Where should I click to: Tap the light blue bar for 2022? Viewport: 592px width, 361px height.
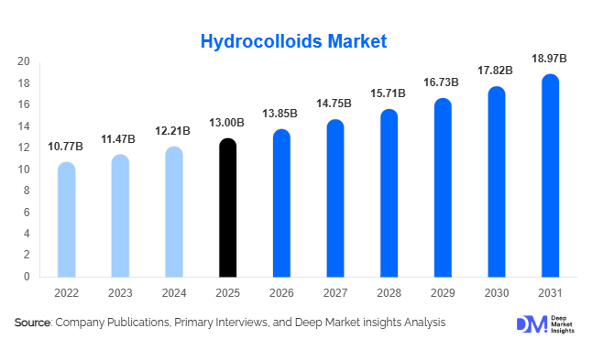(x=66, y=220)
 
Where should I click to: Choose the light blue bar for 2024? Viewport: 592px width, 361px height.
(x=174, y=213)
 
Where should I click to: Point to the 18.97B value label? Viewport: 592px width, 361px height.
(x=549, y=59)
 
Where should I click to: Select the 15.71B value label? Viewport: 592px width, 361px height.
(x=389, y=94)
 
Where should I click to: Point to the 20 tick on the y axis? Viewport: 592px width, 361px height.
(x=25, y=62)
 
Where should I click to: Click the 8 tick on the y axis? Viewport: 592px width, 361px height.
(x=27, y=191)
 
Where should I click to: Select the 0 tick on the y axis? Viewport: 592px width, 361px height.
(x=27, y=277)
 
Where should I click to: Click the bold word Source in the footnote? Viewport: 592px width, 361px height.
(x=33, y=323)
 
